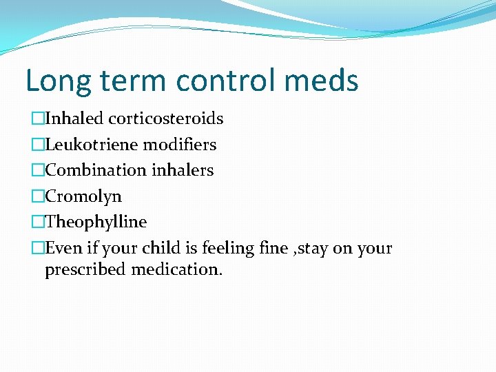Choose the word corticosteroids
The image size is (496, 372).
[168, 118]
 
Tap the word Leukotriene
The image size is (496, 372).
[91, 145]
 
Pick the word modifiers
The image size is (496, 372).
[179, 145]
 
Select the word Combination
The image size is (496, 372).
[96, 170]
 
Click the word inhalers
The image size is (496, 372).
[183, 170]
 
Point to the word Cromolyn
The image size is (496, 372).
[83, 196]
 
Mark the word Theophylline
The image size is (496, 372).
[96, 223]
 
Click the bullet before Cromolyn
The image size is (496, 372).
[38, 196]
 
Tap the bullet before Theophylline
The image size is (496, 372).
[38, 223]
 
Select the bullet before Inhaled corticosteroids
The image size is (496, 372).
[38, 118]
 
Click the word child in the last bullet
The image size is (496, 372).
[155, 248]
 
